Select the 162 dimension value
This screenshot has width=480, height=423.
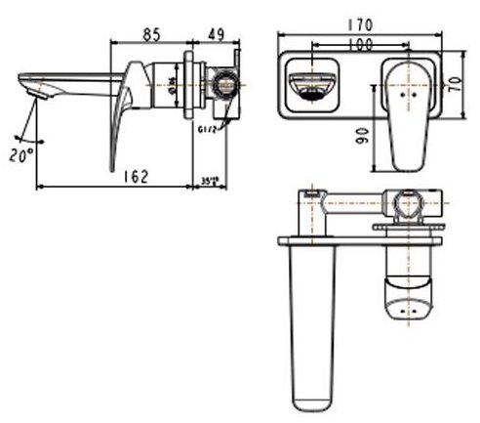click(138, 176)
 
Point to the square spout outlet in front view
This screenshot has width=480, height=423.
click(312, 87)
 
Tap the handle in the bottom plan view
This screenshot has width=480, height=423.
click(406, 283)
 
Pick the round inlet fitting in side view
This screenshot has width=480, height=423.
click(225, 86)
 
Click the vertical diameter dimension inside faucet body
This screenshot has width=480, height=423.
click(174, 85)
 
